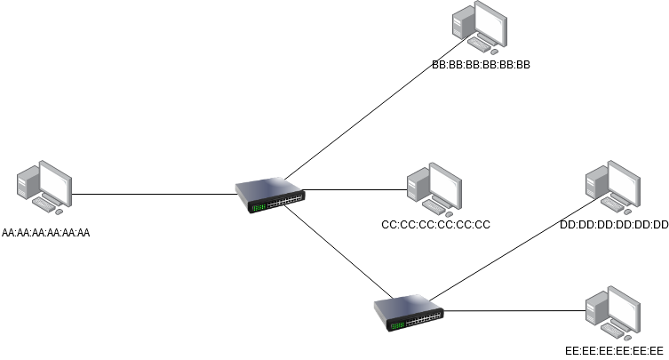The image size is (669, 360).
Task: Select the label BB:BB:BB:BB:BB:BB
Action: (481, 65)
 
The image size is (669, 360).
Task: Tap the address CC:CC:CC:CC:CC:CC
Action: (435, 225)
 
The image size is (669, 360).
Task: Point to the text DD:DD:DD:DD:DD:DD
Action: (614, 225)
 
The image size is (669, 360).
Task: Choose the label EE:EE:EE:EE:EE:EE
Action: (614, 349)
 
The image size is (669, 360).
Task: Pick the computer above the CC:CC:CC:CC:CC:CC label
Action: (434, 188)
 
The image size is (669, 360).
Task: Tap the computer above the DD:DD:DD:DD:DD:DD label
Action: (613, 188)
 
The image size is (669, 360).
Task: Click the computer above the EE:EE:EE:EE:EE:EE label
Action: (613, 311)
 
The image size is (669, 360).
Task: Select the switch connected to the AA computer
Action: (269, 196)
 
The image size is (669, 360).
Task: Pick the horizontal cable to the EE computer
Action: (515, 311)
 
